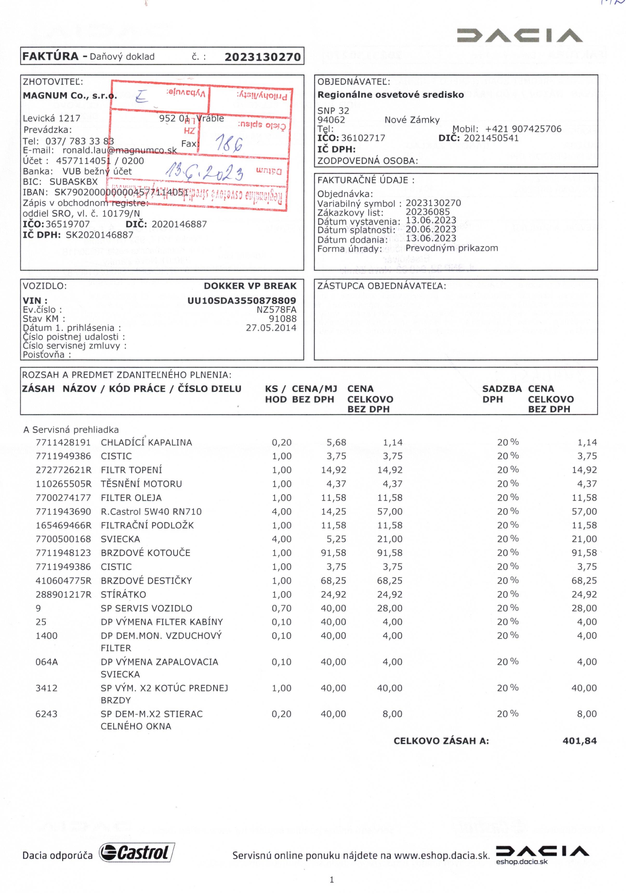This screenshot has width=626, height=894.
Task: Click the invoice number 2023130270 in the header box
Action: click(263, 57)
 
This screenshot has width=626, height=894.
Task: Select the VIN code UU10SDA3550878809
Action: click(242, 301)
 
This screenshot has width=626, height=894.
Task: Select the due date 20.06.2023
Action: click(431, 229)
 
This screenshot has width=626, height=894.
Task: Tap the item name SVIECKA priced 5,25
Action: click(120, 539)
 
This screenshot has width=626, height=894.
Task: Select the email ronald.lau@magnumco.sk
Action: click(120, 150)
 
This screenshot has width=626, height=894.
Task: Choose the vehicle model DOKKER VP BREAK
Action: click(250, 286)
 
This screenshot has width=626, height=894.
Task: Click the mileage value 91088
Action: click(282, 319)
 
